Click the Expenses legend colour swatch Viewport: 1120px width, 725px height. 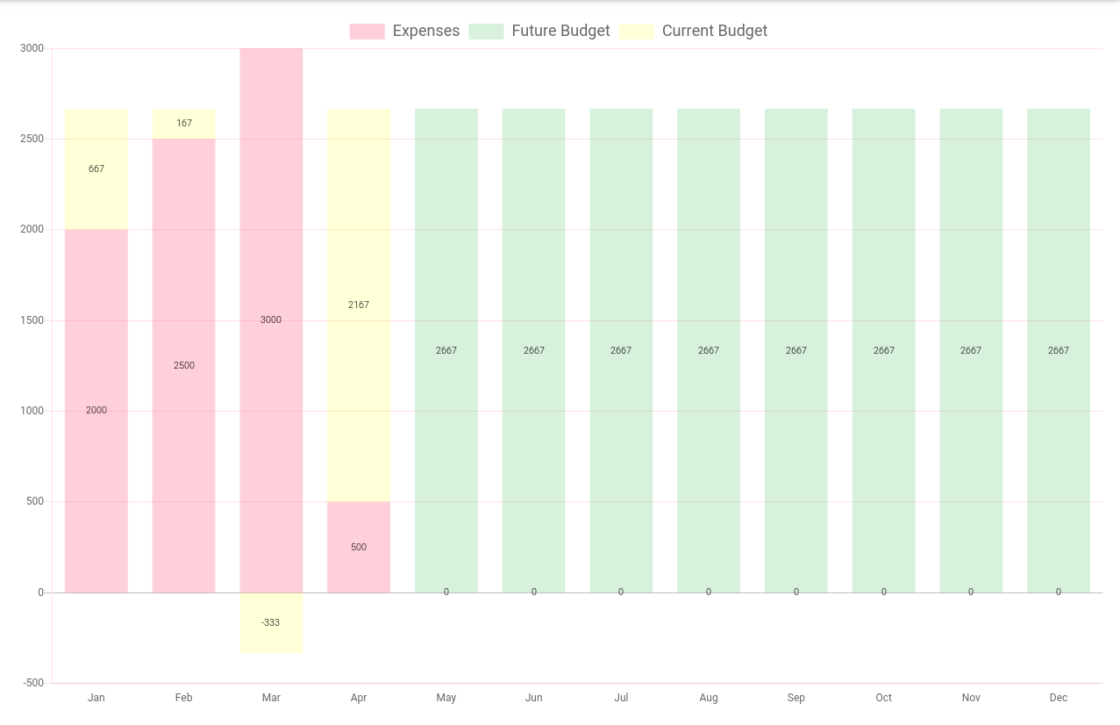(x=367, y=32)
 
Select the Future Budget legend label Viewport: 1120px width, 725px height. (x=560, y=32)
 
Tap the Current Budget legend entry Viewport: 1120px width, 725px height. (x=714, y=32)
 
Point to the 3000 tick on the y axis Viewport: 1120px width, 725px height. (x=32, y=48)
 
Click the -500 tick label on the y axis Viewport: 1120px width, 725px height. (x=32, y=683)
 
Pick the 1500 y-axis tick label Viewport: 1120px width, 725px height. (x=32, y=320)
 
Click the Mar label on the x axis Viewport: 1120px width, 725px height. (x=271, y=698)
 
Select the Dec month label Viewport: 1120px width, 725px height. (x=1059, y=698)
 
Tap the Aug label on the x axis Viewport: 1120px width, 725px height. (x=709, y=698)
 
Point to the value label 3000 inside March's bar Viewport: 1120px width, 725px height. (x=271, y=320)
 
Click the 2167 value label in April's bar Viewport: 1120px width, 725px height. (x=359, y=305)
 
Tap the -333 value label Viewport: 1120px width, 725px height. (x=271, y=623)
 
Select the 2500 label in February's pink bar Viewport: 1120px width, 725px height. (x=184, y=366)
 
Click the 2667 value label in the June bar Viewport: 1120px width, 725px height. (x=534, y=351)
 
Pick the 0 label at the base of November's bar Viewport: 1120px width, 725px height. (x=971, y=592)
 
